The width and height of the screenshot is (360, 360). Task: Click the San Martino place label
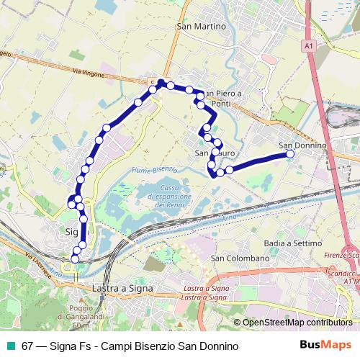pos(201,26)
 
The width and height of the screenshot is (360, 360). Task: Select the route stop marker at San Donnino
pos(290,154)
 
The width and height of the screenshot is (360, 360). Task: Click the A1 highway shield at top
pos(307,45)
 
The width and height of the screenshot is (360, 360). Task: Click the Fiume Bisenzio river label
pos(155,170)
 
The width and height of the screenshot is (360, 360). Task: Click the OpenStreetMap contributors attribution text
pos(293,323)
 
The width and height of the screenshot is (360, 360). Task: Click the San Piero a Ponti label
pos(225,98)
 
